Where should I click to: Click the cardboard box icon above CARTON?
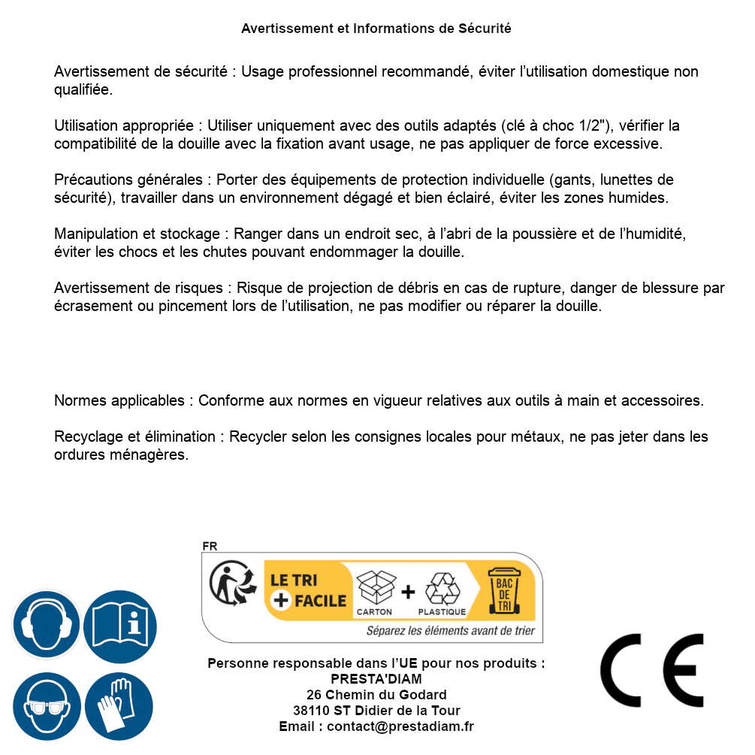click(375, 587)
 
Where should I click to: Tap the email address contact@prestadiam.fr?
click(400, 726)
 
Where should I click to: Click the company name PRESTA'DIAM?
click(376, 678)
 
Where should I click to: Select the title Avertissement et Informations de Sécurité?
click(376, 29)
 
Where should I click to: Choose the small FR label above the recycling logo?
click(210, 546)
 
